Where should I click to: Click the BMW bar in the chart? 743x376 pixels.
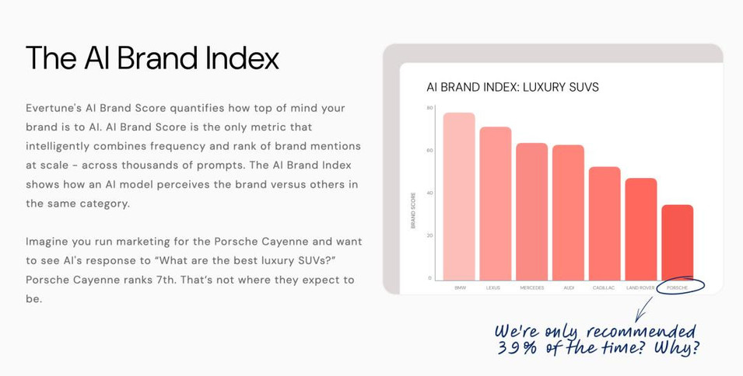tap(459, 197)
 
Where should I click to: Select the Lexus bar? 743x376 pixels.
tap(496, 204)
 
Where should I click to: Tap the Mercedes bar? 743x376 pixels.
tap(531, 211)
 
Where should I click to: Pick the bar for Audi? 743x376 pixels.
tap(568, 212)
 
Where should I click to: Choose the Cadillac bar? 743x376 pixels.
tap(605, 223)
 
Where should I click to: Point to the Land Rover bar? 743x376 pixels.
tap(641, 229)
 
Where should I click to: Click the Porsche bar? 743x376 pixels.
tap(678, 242)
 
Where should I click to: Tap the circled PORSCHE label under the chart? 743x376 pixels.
tap(677, 287)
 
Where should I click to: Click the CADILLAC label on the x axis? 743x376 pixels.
tap(605, 287)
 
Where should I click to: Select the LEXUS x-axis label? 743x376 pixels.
tap(492, 287)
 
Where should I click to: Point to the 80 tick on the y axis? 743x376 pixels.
tap(429, 108)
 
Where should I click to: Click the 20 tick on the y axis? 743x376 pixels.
tap(429, 235)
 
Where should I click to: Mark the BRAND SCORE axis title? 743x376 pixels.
tap(413, 210)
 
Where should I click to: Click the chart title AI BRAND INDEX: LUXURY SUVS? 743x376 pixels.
tap(513, 87)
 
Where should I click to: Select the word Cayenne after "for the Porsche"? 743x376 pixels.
tap(282, 241)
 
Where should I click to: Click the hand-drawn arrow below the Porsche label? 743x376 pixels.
tap(643, 309)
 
